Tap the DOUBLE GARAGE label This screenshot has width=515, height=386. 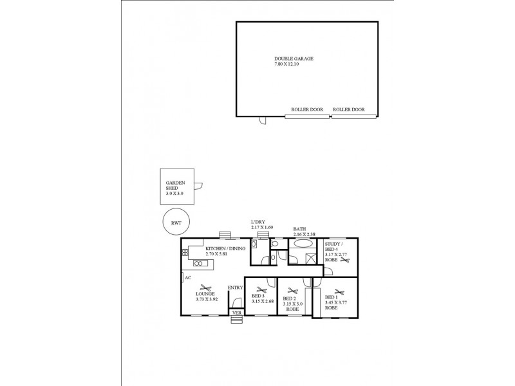tap(294, 59)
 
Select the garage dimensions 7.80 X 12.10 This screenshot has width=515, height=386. tap(294, 64)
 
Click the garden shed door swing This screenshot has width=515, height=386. tap(200, 187)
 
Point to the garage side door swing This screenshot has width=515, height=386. tap(262, 120)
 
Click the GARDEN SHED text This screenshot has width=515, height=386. tap(176, 185)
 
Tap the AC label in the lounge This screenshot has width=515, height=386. tap(188, 278)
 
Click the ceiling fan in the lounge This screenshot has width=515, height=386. tap(205, 288)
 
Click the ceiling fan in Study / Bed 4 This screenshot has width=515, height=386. tap(346, 262)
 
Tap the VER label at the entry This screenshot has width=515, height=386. tap(237, 313)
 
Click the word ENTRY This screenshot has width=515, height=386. tap(236, 288)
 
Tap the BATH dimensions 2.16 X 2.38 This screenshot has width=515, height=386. tap(303, 234)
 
